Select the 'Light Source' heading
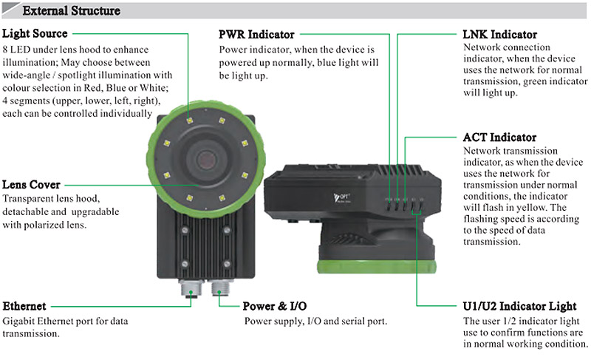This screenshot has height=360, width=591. [x=35, y=34]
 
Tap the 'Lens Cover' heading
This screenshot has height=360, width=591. [x=32, y=185]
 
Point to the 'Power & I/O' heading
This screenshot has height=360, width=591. [x=275, y=306]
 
